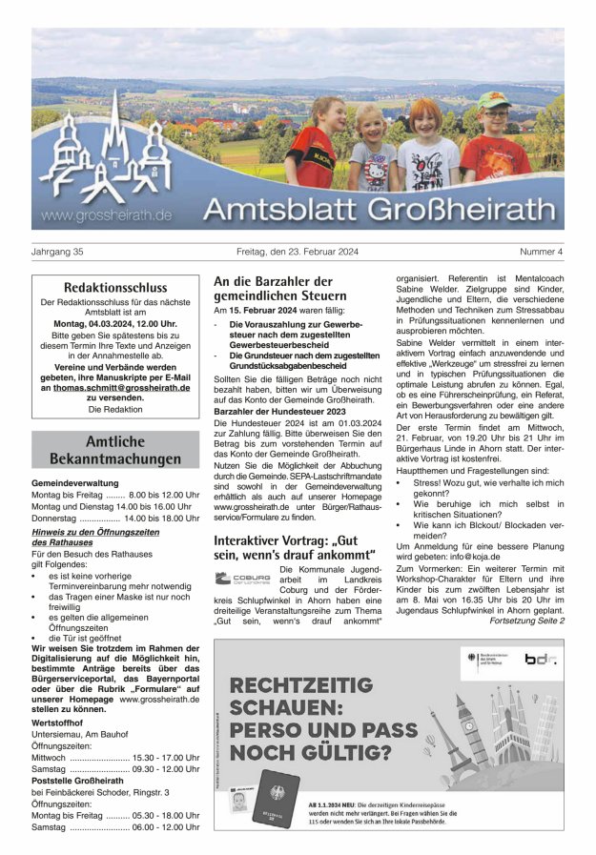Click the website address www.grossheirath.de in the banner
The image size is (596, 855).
click(x=106, y=215)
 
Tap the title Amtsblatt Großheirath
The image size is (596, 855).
click(x=379, y=209)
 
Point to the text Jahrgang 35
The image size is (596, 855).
click(x=58, y=252)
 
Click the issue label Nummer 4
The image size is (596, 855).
click(x=542, y=252)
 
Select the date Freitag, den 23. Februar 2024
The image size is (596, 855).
click(x=298, y=252)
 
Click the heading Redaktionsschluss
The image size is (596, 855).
click(x=114, y=287)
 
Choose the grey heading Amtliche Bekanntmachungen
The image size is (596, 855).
click(x=114, y=450)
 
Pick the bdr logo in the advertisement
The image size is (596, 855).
click(x=540, y=659)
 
